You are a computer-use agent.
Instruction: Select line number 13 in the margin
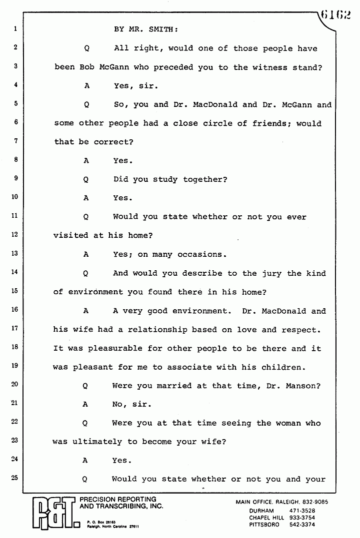14,254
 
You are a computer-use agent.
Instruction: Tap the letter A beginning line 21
85,405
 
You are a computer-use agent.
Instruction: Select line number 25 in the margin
14,478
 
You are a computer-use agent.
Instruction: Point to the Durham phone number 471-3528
302,511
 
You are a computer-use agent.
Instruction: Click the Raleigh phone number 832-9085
320,502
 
